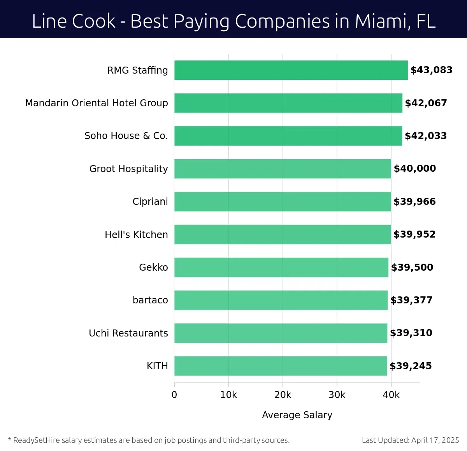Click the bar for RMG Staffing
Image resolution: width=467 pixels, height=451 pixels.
coord(291,70)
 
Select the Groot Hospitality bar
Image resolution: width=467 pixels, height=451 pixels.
coord(283,169)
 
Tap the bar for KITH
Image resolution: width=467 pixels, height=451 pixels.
coord(281,366)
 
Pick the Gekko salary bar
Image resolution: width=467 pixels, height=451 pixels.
coord(281,267)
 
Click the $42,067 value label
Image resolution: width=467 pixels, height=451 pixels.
coord(426,103)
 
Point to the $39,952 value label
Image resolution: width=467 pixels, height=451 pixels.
coord(414,234)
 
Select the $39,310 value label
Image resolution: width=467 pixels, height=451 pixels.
coord(411,333)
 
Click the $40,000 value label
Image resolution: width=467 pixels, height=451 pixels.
coord(415,169)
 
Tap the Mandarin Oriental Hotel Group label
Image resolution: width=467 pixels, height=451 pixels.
coord(97,103)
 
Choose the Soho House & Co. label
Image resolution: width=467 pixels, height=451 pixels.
coord(126,136)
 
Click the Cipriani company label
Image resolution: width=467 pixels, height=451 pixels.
coord(150,202)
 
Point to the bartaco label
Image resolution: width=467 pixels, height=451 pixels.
coord(150,300)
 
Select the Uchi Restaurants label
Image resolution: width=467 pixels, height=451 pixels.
coord(128,333)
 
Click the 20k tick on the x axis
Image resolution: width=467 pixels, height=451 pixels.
coord(283,395)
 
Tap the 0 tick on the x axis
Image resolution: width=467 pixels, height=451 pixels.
coord(174,395)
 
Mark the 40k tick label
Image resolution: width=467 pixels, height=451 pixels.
coord(391,395)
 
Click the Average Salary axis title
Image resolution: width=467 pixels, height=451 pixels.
coord(297,415)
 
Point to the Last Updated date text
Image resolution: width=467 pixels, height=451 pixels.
coord(410,440)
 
